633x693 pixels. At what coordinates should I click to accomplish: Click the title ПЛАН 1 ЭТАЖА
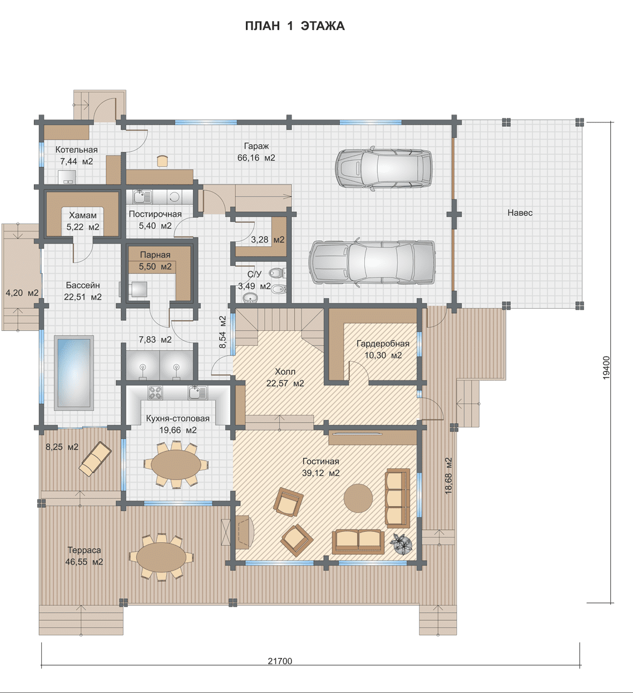pos(295,26)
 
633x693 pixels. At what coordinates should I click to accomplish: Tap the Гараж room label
pos(256,146)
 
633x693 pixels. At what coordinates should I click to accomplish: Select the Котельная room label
pos(76,150)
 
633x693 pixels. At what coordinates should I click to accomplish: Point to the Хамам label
pos(82,215)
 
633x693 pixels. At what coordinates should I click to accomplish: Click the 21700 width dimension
pos(280,661)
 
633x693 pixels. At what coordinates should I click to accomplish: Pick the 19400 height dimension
pos(606,368)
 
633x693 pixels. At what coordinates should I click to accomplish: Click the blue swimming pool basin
pos(75,373)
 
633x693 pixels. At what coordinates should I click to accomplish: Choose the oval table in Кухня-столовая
pos(176,464)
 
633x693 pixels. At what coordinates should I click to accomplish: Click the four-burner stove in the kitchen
pos(156,393)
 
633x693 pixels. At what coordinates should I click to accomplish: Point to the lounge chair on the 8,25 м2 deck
pos(95,459)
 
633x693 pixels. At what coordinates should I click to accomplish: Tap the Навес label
pos(520,213)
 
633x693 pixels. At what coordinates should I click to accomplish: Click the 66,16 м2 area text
pos(256,158)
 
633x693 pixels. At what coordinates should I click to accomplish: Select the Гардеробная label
pos(383,343)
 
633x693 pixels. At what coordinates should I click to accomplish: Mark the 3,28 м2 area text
pos(268,239)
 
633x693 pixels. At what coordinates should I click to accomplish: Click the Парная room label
pos(155,255)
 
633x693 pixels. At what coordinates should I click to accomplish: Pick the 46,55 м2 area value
pos(84,562)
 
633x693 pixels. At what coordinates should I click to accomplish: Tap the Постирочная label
pos(155,214)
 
